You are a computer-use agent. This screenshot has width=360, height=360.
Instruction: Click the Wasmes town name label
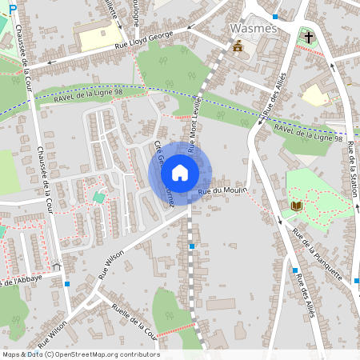[x=253, y=29]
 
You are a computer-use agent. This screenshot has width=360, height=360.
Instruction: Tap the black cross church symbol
[x=309, y=37]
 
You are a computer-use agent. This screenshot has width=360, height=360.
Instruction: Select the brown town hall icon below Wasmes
[x=237, y=46]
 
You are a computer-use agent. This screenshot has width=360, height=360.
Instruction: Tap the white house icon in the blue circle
[x=180, y=172]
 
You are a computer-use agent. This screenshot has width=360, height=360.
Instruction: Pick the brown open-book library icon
[x=296, y=206]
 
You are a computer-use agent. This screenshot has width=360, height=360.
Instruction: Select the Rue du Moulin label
[x=221, y=190]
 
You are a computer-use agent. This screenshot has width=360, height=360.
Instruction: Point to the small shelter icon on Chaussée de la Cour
[x=55, y=267]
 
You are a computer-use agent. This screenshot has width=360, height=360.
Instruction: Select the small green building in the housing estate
[x=99, y=196]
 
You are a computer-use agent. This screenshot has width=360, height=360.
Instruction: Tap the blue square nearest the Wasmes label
[x=275, y=16]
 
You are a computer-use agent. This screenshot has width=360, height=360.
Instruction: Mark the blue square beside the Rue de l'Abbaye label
[x=67, y=284]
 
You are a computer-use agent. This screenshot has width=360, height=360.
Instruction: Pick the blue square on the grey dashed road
[x=191, y=246]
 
